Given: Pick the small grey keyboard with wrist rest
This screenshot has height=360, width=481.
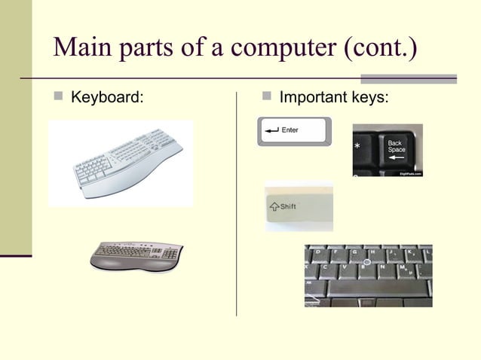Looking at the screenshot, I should click(136, 255).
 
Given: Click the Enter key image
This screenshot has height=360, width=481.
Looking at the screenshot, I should click(293, 132).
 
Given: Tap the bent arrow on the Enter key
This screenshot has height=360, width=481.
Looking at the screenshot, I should click(271, 130).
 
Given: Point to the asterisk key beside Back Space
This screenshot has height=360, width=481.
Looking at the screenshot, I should click(357, 145).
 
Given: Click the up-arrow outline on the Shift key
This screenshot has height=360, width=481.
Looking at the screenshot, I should click(274, 206).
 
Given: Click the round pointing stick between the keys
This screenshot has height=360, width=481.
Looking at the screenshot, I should click(365, 262).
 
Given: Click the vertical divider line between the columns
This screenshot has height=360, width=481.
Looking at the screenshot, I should click(237, 203).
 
